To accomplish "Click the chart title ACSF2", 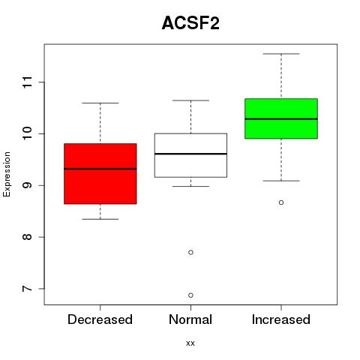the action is point(190,23).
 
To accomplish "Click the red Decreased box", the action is point(100,174).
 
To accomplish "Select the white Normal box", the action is point(190,155).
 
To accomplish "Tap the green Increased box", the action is point(281,118).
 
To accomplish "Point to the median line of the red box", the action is point(100,169).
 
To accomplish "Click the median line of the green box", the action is point(281,119).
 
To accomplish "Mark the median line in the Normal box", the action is point(190,154).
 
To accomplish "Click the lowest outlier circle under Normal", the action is point(190,295).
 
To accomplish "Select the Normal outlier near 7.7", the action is point(190,253).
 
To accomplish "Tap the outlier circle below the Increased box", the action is point(281,202).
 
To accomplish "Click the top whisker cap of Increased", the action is point(281,54).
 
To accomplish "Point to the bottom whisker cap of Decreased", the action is point(100,219).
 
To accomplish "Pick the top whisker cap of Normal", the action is point(190,100).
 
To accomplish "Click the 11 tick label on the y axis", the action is point(27,82).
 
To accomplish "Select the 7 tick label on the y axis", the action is point(27,289).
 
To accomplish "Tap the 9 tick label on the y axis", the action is point(27,185).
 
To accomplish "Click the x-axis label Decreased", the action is point(100,319).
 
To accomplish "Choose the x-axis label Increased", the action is point(281,319).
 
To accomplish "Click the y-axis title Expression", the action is point(7,174).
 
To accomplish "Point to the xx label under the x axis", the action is point(190,343).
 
